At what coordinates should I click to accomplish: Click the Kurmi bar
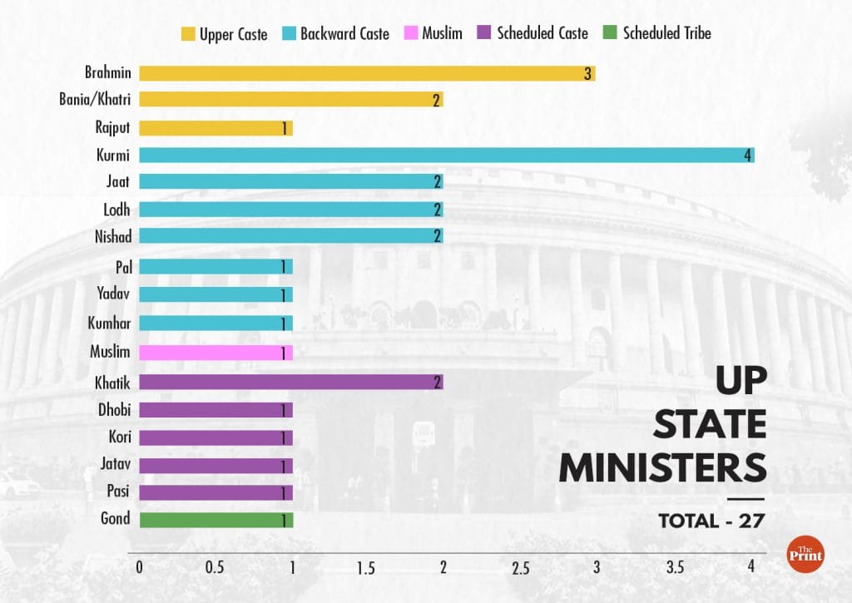(x=446, y=156)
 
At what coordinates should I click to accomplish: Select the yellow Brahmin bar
(x=366, y=73)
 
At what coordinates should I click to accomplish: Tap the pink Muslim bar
(x=215, y=352)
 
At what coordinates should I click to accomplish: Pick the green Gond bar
(x=215, y=520)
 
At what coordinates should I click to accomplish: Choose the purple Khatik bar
(x=290, y=382)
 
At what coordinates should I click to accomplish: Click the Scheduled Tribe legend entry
(x=658, y=34)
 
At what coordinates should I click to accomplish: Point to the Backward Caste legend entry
(x=335, y=34)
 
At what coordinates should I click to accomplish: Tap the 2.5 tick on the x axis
(x=521, y=568)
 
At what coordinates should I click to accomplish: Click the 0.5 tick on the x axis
(x=215, y=568)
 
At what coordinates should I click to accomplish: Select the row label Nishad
(x=112, y=237)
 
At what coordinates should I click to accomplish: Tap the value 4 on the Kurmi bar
(x=748, y=156)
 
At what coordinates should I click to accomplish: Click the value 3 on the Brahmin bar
(x=587, y=73)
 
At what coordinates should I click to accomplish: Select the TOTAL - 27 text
(x=711, y=521)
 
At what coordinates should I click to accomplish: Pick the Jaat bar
(x=290, y=181)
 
